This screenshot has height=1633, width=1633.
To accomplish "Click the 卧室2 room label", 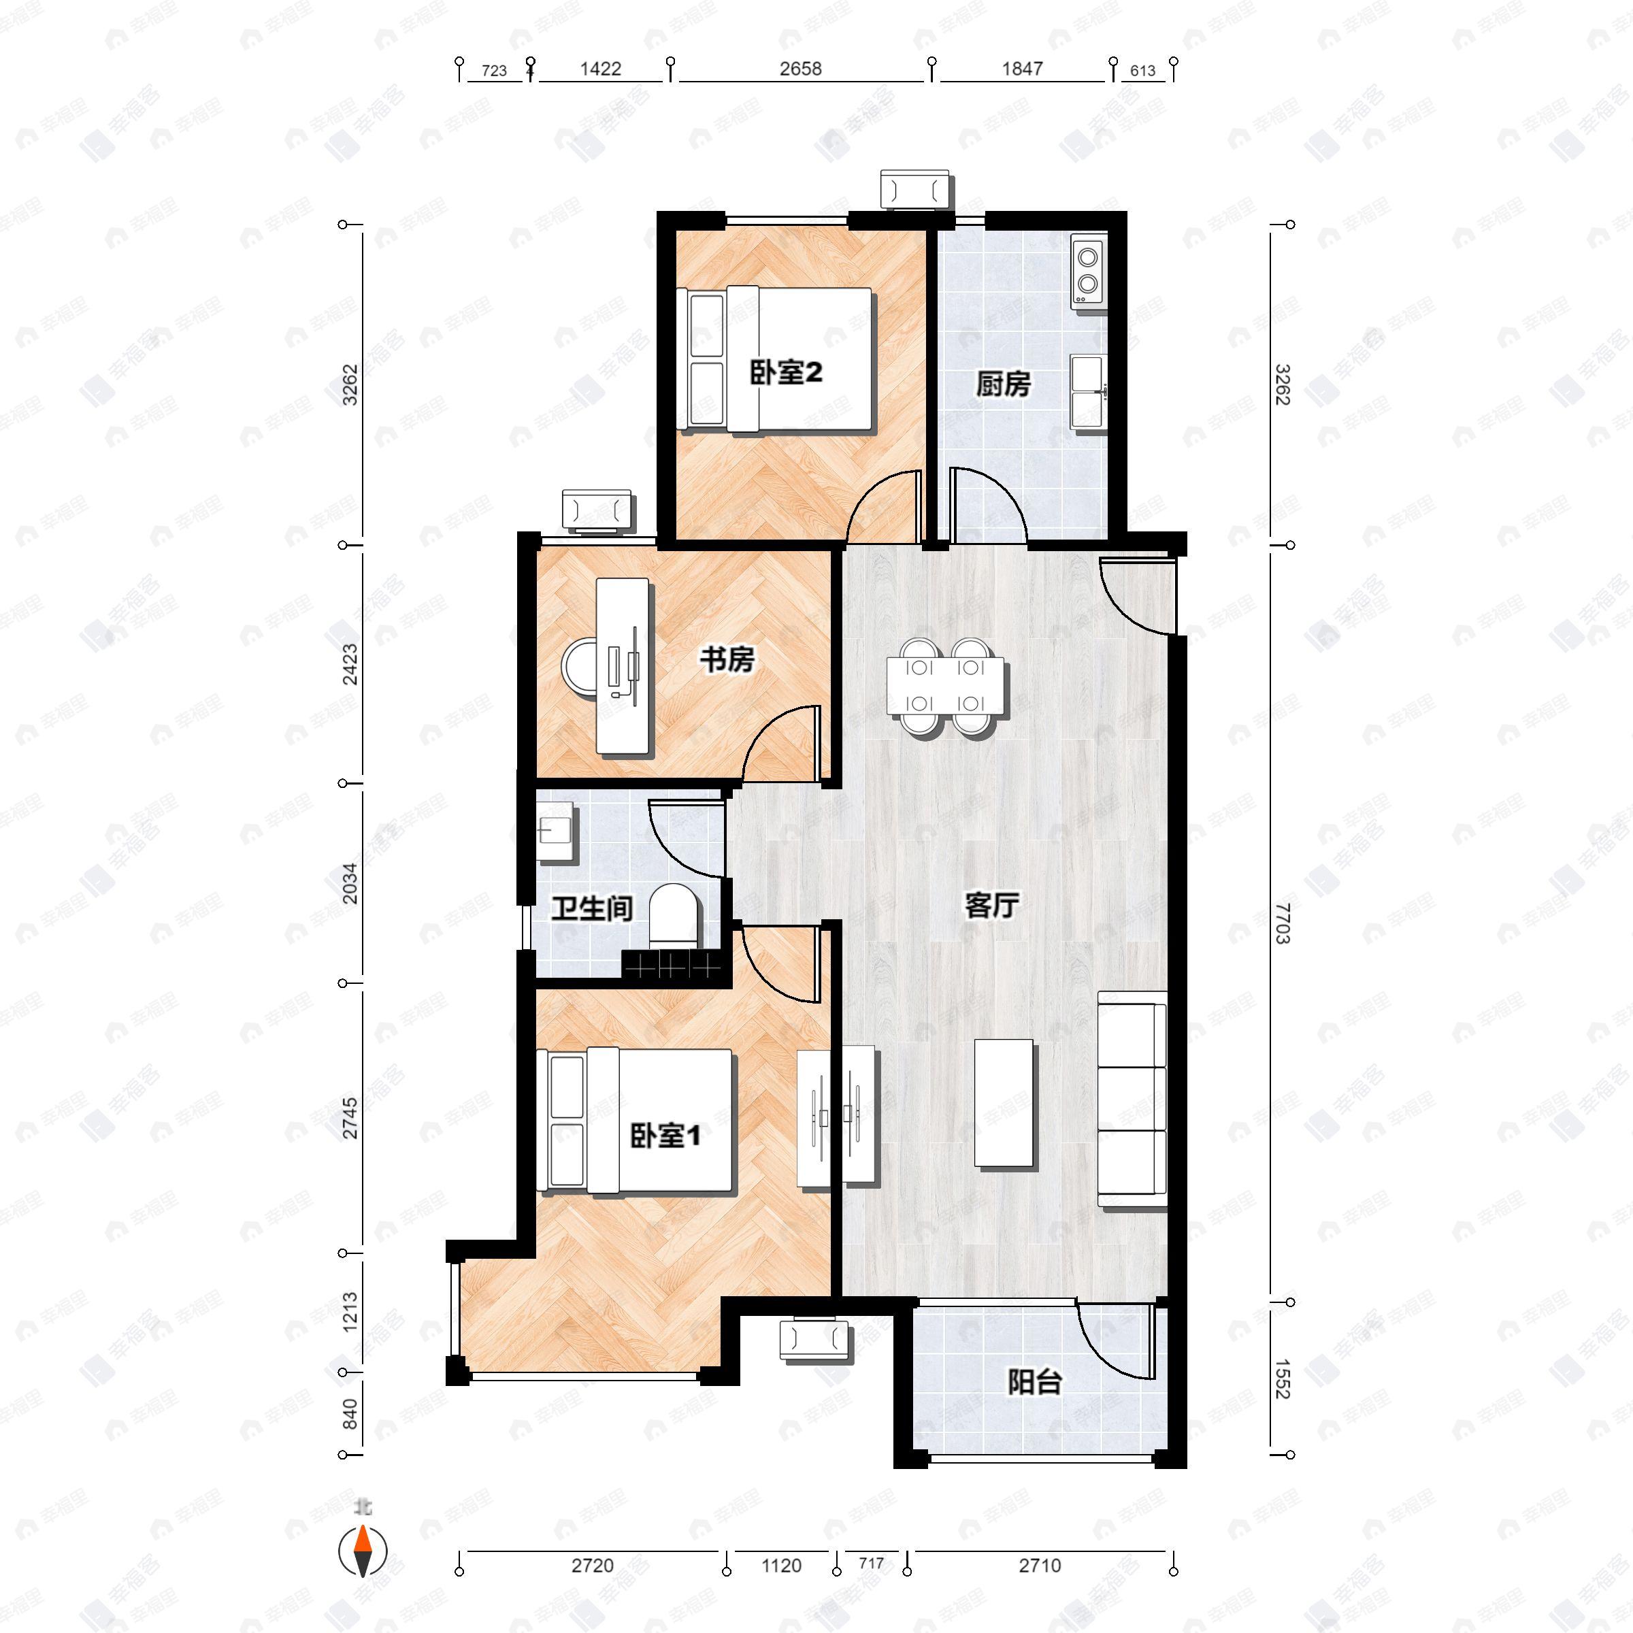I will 786,373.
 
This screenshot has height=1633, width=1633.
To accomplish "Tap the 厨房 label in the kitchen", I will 1004,384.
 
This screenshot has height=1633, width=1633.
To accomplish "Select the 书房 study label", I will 727,659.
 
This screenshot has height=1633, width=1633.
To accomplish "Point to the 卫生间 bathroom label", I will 592,908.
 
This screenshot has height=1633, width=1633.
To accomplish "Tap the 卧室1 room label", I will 665,1136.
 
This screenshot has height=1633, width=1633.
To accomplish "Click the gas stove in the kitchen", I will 1088,269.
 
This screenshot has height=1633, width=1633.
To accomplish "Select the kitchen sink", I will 1088,391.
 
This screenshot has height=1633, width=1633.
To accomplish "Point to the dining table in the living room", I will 946,685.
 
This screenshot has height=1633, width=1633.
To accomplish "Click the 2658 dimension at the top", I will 800,69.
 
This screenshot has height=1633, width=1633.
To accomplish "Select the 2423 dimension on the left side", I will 350,664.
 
